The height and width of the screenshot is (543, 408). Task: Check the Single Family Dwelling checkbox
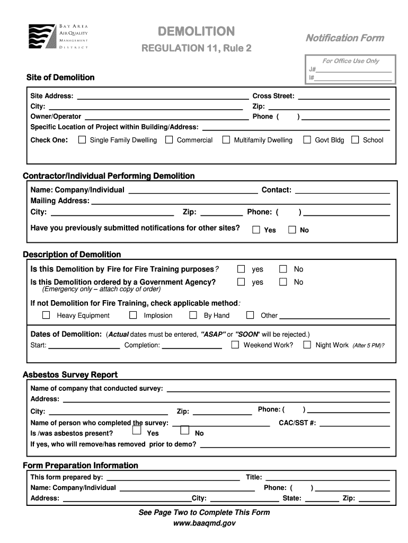(x=82, y=140)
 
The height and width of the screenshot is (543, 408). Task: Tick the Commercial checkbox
(x=169, y=140)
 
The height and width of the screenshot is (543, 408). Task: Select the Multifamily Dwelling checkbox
(x=226, y=140)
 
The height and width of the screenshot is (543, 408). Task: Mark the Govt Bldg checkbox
(x=307, y=140)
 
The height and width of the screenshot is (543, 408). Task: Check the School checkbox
(x=355, y=140)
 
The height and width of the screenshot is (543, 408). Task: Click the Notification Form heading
(x=344, y=38)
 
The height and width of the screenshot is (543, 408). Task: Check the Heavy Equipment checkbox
(x=46, y=315)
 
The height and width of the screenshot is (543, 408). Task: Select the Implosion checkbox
(x=134, y=315)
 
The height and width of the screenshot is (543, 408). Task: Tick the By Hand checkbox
(x=193, y=315)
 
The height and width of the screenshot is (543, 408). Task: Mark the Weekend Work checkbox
(x=235, y=345)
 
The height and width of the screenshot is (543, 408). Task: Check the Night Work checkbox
(x=307, y=345)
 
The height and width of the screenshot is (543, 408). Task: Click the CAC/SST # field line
(x=354, y=424)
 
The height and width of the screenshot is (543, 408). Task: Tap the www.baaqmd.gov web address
(x=204, y=523)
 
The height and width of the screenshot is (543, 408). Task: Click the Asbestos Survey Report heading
(x=70, y=375)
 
